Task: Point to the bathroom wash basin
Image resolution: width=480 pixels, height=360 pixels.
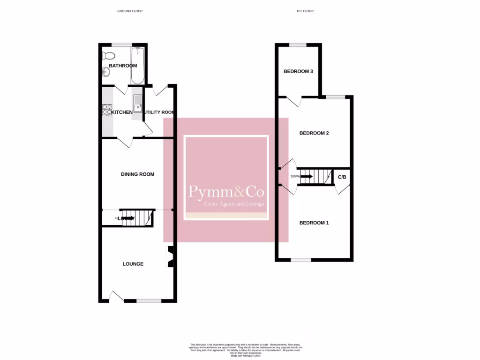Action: [106, 72]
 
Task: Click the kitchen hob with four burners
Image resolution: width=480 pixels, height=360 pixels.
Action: [107, 110]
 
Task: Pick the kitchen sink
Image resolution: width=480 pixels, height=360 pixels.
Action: [137, 104]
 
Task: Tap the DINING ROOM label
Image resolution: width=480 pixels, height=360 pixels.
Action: [138, 174]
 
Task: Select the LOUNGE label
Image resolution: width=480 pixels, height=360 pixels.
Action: [133, 264]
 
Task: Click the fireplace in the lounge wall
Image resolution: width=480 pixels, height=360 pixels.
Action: [170, 257]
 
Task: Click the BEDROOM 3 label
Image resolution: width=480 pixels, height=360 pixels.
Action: [298, 72]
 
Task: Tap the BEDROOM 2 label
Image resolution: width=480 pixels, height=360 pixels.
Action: [314, 133]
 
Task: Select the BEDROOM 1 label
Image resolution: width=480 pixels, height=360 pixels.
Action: [314, 223]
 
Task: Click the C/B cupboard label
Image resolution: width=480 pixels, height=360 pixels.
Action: [342, 177]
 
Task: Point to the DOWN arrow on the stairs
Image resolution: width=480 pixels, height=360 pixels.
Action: [306, 177]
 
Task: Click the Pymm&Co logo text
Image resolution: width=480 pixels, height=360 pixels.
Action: [226, 192]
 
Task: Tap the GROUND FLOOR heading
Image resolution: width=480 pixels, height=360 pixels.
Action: [130, 11]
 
